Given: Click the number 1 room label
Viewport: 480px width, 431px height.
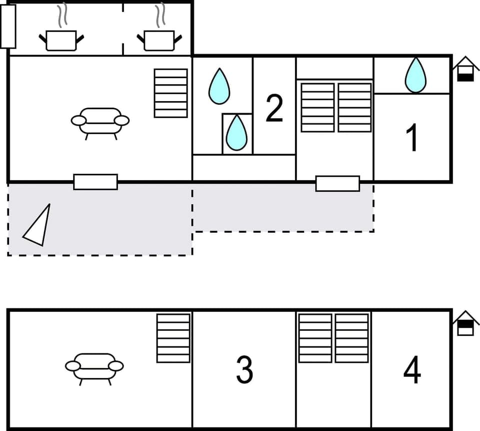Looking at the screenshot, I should pos(411,138).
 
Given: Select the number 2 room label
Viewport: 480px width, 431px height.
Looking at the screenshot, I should pos(274,108).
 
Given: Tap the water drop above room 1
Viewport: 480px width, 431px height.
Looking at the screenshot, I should pos(415,75).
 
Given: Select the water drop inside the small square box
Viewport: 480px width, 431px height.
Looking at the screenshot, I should pos(236,133).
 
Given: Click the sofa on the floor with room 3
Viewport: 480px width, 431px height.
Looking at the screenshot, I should pos(94,367).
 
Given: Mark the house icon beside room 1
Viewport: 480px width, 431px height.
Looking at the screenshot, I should pos(465,69).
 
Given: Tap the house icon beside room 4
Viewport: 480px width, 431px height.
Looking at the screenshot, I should pos(465,323).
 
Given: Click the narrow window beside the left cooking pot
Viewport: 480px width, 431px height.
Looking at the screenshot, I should pos(8,27).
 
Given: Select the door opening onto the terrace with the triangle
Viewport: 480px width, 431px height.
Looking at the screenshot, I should pos(95,182).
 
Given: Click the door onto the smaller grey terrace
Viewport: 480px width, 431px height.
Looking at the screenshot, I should pos(337,184).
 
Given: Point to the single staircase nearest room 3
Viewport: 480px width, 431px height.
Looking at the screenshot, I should pos(173,338).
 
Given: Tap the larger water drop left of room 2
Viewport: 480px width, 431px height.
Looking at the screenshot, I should pos(219,86).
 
